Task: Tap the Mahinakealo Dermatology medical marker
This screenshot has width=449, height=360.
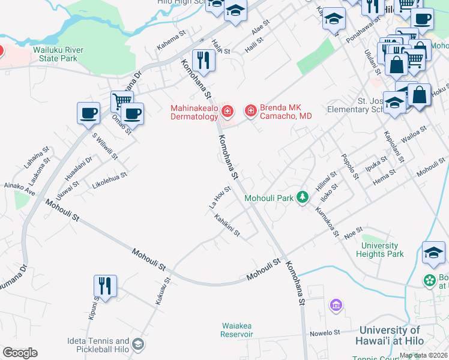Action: [227, 111]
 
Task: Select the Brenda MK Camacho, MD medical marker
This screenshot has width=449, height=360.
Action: [250, 111]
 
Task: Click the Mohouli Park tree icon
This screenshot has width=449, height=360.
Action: [304, 197]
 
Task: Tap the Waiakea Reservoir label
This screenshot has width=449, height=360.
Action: [240, 329]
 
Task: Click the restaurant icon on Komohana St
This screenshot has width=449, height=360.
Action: [204, 60]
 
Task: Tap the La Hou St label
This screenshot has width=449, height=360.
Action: [220, 197]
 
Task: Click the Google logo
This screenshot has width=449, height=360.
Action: [20, 353]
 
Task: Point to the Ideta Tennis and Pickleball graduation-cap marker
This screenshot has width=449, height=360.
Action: [138, 344]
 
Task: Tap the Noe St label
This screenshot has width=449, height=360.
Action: [354, 231]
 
